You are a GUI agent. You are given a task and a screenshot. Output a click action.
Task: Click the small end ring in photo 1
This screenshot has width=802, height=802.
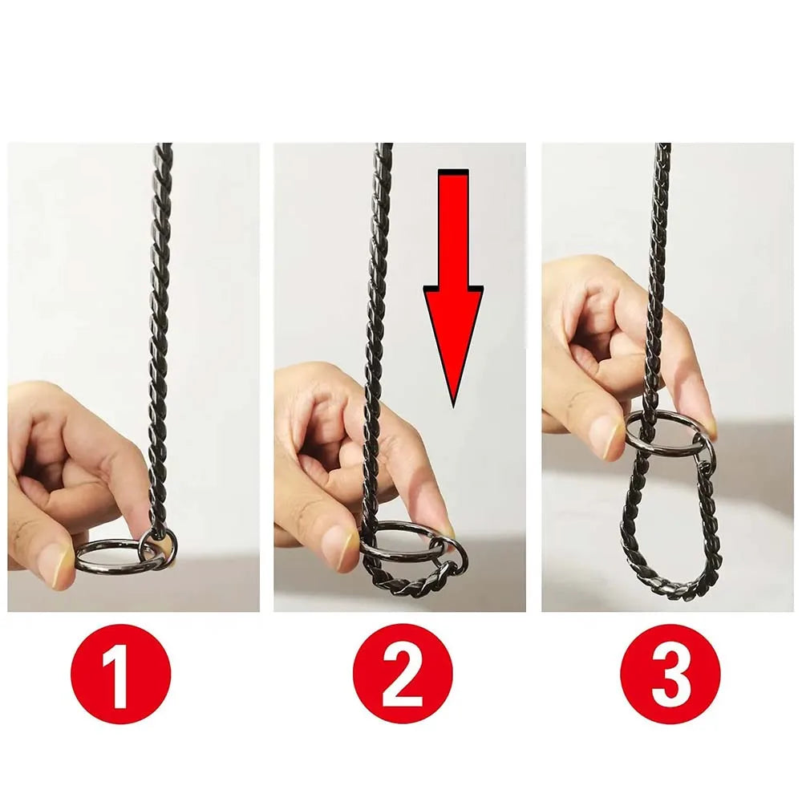point(154,545)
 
